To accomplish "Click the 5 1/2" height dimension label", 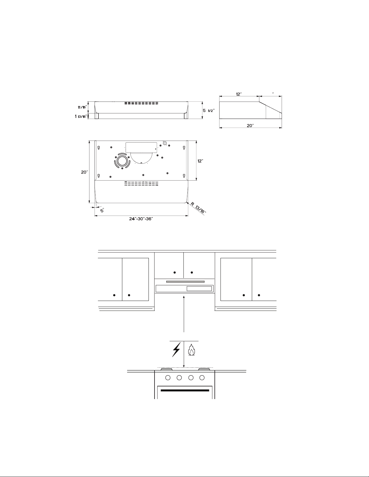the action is (208, 111).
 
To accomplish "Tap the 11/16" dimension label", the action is (82, 107).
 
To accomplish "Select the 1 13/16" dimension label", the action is (81, 116).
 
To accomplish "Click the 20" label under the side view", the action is (250, 125).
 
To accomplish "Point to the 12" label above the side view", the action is (239, 94).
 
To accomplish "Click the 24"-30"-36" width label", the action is (141, 219).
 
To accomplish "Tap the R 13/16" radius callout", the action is (198, 208).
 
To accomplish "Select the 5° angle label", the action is (102, 210).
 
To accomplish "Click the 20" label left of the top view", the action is (84, 172).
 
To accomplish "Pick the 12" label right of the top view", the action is (200, 161).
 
